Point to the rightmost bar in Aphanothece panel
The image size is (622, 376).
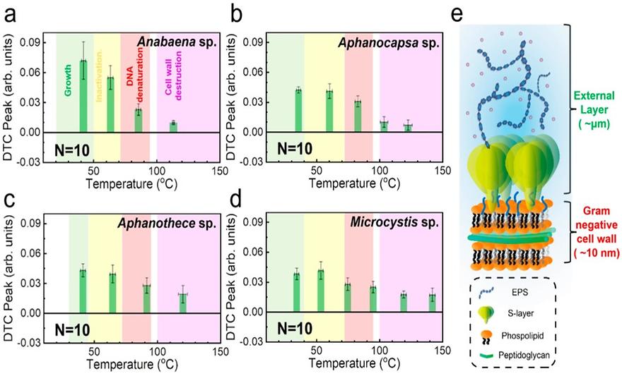click(x=182, y=303)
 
